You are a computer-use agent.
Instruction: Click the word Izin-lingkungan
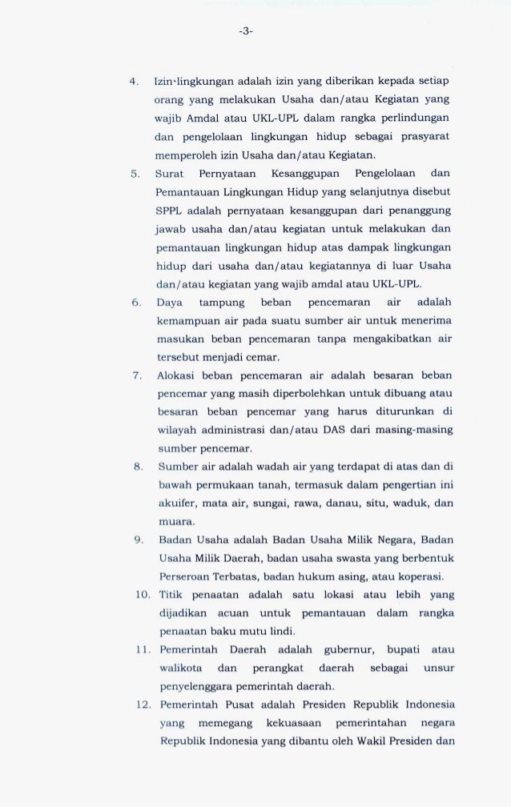pos(191,82)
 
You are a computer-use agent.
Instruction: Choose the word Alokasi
pos(177,375)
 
